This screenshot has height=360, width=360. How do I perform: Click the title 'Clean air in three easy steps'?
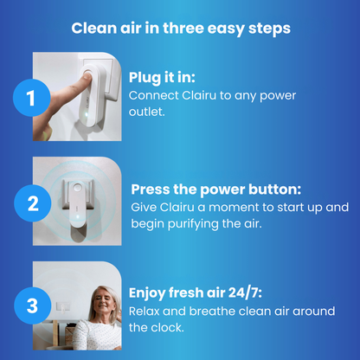180,28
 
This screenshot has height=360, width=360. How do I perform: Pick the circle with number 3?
31,305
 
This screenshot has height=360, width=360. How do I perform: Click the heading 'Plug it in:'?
165,78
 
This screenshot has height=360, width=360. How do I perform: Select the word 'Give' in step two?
145,208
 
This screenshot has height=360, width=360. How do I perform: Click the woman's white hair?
90,299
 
